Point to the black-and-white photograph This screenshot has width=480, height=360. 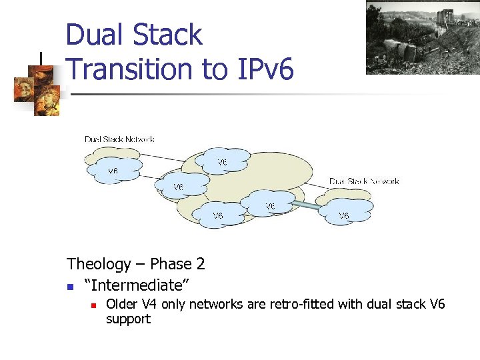tap(423, 37)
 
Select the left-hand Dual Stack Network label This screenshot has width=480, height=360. tap(119, 139)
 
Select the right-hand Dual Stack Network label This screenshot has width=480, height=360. tap(364, 181)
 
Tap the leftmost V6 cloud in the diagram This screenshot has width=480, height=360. tap(113, 171)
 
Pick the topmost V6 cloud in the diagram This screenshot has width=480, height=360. tap(222, 162)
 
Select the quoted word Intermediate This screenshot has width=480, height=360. tap(137, 285)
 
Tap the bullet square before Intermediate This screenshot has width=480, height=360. tap(70, 287)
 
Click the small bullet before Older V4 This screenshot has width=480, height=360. tap(94, 305)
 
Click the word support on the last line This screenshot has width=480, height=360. tap(128, 319)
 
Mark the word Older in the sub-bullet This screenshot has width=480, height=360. tap(122, 305)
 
